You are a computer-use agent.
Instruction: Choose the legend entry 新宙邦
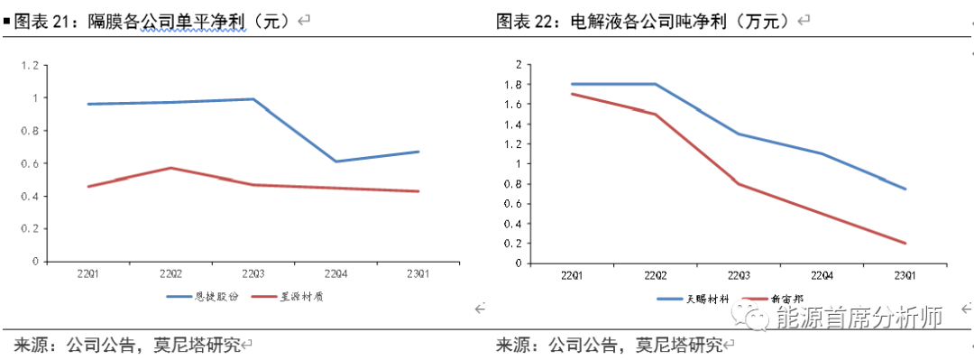coord(786,298)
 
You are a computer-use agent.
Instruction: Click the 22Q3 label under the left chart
coord(253,273)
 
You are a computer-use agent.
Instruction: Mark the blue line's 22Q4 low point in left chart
coord(335,162)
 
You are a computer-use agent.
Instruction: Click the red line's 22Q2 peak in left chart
coord(171,168)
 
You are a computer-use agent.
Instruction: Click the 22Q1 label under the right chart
coord(572,274)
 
